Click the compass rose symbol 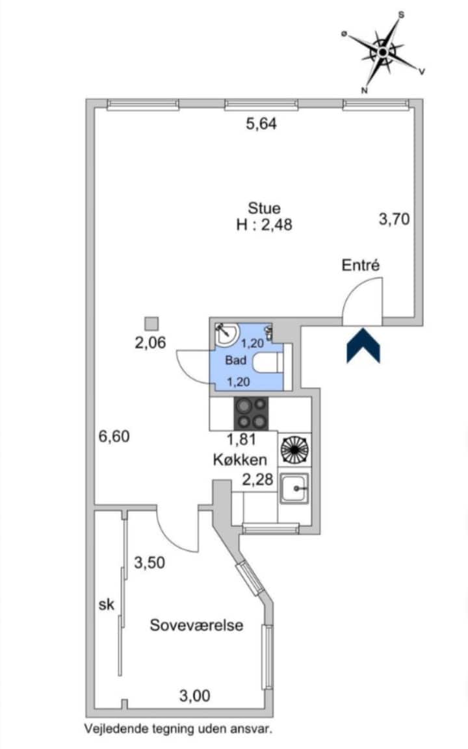pos(383,52)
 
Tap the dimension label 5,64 pos(261,124)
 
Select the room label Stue pos(264,209)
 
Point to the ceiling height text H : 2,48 pos(264,225)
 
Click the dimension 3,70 pos(395,220)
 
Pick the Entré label pos(361,265)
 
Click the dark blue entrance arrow pos(363,346)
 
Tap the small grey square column pos(152,324)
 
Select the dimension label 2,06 pos(150,342)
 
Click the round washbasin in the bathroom pos(226,334)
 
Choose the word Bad pos(236,360)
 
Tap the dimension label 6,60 pos(114,437)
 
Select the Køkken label pos(240,460)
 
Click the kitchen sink pos(294,489)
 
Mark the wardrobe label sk pos(107,604)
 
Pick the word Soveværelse pos(196,626)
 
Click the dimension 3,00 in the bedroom pos(194,696)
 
